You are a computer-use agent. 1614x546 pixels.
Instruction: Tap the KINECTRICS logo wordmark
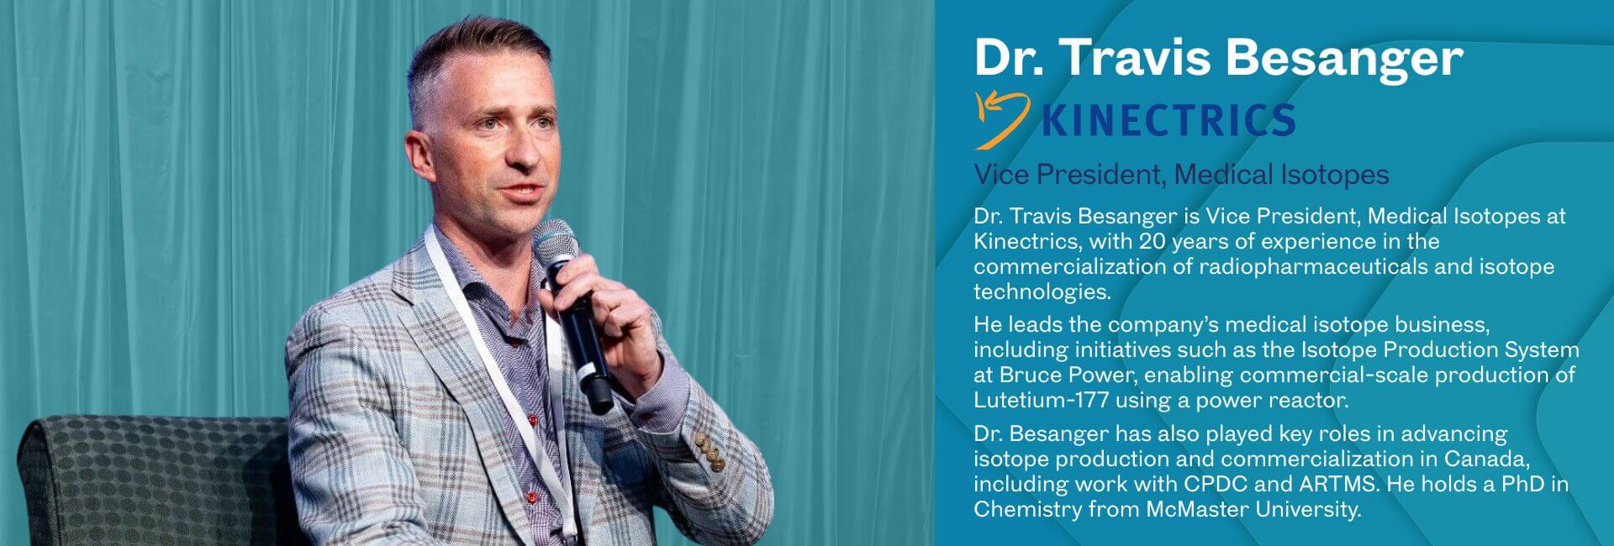click(1168, 121)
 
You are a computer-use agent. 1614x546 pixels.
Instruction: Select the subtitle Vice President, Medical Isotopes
click(1180, 175)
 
